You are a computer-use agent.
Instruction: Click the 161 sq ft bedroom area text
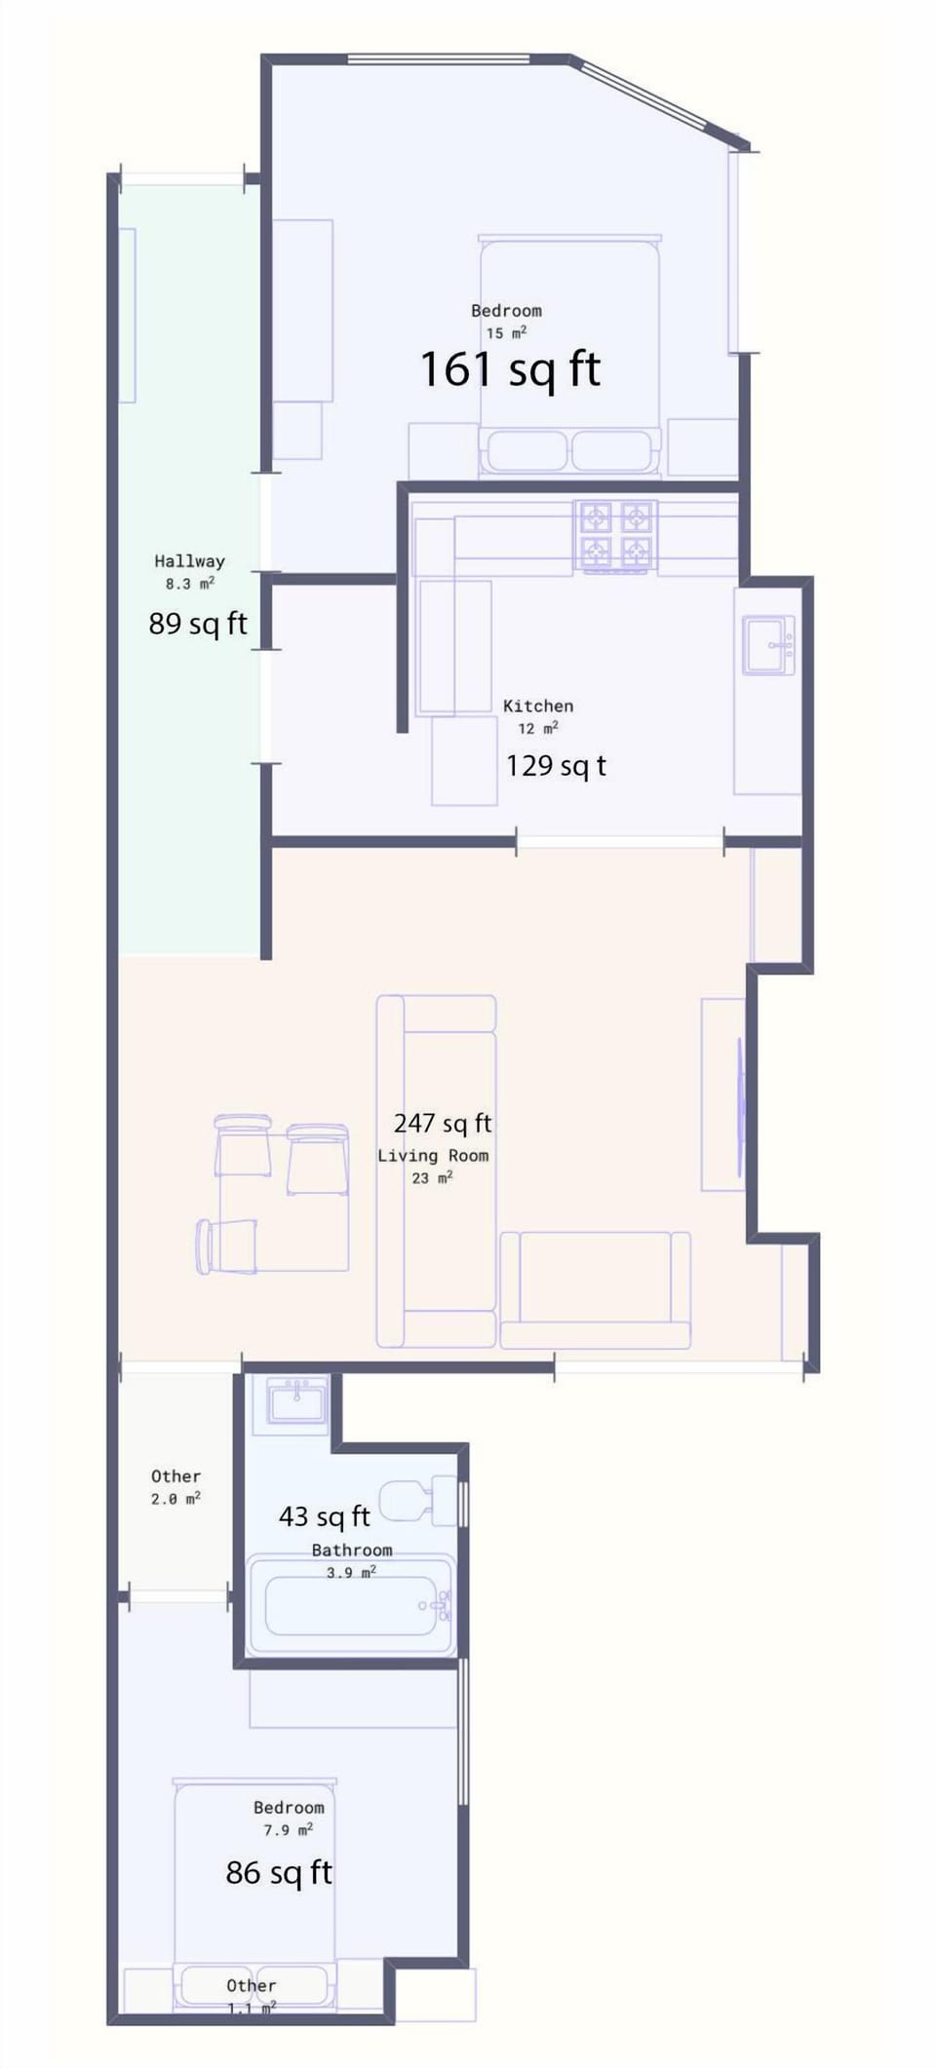click(510, 369)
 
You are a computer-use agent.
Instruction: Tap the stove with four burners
click(615, 535)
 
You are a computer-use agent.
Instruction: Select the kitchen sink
click(768, 644)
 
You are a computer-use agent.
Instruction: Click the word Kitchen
click(538, 706)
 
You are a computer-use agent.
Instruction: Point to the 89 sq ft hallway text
click(198, 624)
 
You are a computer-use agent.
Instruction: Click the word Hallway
click(189, 560)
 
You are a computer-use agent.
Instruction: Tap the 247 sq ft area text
click(443, 1124)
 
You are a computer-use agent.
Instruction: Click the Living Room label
click(433, 1156)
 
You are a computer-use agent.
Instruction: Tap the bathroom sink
click(297, 1402)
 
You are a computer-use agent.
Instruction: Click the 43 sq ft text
click(325, 1516)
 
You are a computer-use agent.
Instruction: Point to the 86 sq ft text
click(279, 1872)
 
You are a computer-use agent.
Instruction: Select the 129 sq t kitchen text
click(556, 766)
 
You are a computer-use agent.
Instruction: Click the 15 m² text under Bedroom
click(506, 333)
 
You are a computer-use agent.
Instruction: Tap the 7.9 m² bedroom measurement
click(288, 1830)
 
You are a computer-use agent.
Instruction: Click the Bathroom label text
click(352, 1550)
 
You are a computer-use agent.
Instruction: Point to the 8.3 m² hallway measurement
click(189, 584)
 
